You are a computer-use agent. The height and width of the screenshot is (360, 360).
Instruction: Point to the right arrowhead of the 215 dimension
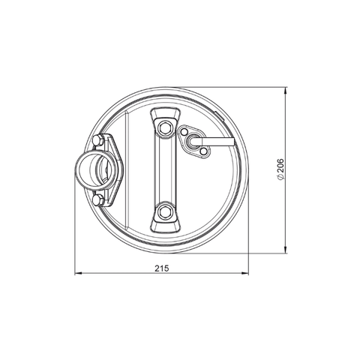[248, 275]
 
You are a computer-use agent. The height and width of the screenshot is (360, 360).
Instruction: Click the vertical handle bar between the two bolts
[165, 169]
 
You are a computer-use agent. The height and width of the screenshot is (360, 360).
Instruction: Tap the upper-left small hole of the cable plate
[184, 132]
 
